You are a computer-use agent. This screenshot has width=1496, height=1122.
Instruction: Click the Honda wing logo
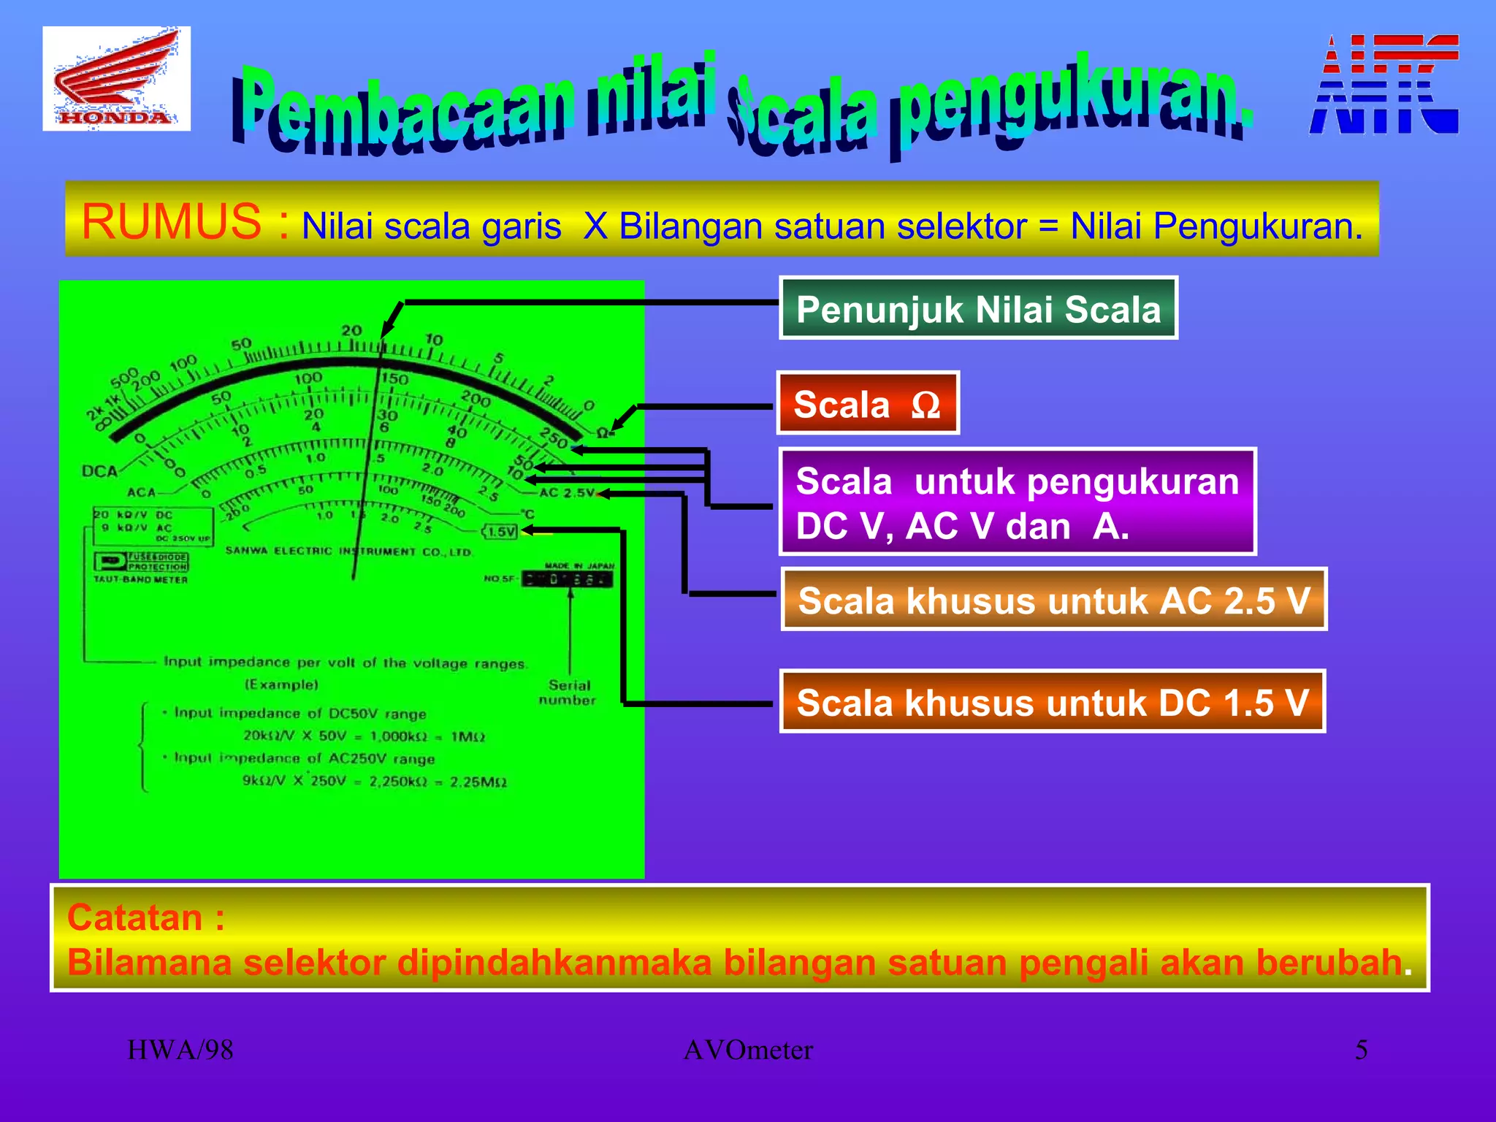pyautogui.click(x=116, y=78)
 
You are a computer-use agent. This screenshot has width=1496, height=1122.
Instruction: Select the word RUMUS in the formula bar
pyautogui.click(x=171, y=221)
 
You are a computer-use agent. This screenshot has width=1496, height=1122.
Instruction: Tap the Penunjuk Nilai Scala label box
pyautogui.click(x=978, y=308)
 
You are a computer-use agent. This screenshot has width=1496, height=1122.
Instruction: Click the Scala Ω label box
pyautogui.click(x=867, y=403)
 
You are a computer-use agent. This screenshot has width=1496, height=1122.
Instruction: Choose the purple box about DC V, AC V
pyautogui.click(x=1018, y=503)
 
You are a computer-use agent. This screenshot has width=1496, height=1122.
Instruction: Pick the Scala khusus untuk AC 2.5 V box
pyautogui.click(x=1053, y=600)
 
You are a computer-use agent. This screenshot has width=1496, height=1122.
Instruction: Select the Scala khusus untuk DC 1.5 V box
pyautogui.click(x=1052, y=701)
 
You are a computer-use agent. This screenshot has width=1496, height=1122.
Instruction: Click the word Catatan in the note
pyautogui.click(x=136, y=917)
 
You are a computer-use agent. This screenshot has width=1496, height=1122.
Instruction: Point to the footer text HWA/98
pyautogui.click(x=180, y=1050)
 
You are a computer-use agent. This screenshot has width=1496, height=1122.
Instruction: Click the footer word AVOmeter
pyautogui.click(x=748, y=1050)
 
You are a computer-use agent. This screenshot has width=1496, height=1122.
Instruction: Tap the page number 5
pyautogui.click(x=1361, y=1050)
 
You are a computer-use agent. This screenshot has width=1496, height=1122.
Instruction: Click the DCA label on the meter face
pyautogui.click(x=100, y=471)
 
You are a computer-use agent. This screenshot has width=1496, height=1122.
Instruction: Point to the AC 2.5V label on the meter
pyautogui.click(x=567, y=492)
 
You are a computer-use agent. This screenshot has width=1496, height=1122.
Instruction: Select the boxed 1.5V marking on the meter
pyautogui.click(x=502, y=532)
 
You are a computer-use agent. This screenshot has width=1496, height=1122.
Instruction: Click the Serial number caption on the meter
pyautogui.click(x=568, y=692)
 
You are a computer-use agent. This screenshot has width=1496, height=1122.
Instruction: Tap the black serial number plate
pyautogui.click(x=568, y=579)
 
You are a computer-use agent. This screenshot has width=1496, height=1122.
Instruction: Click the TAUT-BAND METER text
pyautogui.click(x=141, y=579)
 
